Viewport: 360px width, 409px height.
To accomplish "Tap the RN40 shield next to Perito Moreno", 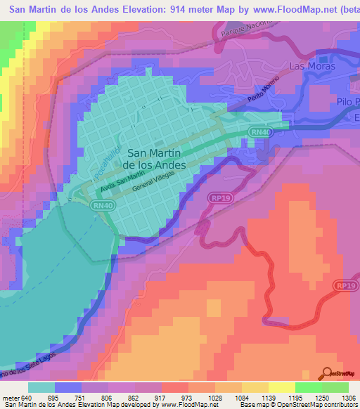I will point(259,132).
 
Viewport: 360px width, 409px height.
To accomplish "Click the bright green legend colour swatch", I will point(308,387).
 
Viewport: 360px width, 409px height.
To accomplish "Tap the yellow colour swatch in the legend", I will point(282,387).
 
